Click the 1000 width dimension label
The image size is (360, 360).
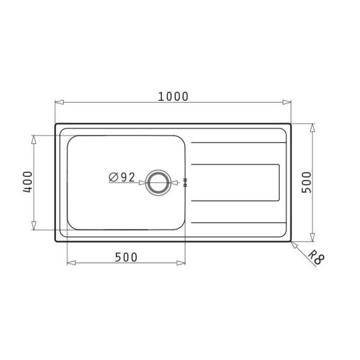pyautogui.click(x=173, y=96)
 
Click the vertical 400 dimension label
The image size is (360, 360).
pyautogui.click(x=27, y=182)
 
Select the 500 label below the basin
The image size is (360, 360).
pyautogui.click(x=126, y=257)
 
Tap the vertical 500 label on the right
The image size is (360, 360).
pyautogui.click(x=306, y=182)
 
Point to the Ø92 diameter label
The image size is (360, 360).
pyautogui.click(x=121, y=177)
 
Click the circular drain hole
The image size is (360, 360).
pyautogui.click(x=158, y=182)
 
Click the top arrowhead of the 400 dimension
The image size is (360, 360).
pyautogui.click(x=34, y=139)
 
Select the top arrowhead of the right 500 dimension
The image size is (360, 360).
pyautogui.click(x=312, y=127)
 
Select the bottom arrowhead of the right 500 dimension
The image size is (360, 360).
pyautogui.click(x=312, y=238)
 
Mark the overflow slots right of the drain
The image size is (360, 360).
pyautogui.click(x=185, y=182)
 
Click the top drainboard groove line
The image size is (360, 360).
pyautogui.click(x=239, y=143)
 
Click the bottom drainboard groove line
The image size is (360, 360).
pyautogui.click(x=239, y=222)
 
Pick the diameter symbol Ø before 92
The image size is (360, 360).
pyautogui.click(x=113, y=177)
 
